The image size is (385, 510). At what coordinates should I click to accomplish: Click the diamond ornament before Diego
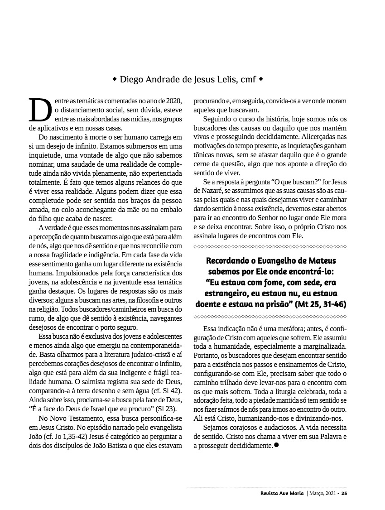(x=115, y=80)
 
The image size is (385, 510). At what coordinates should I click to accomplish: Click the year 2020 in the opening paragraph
(x=172, y=101)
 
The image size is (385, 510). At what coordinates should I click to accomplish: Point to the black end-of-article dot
(x=276, y=445)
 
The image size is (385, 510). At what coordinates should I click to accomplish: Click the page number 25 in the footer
(x=344, y=493)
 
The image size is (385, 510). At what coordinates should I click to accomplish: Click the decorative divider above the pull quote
(x=270, y=246)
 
